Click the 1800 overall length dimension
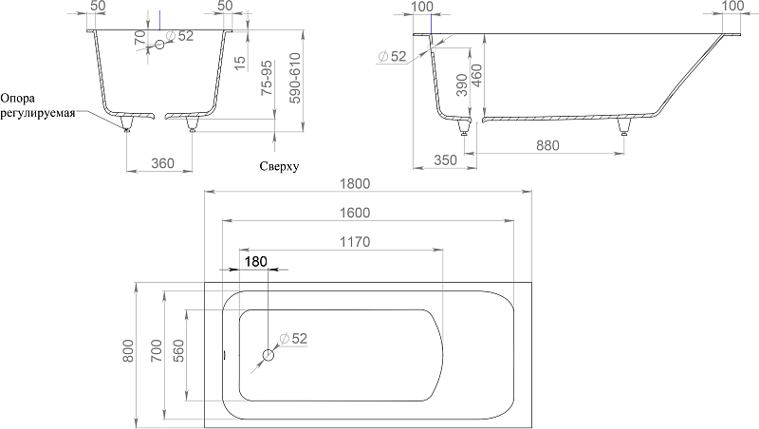(x=355, y=183)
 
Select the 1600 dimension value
(x=355, y=213)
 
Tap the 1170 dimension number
(x=355, y=242)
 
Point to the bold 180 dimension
(x=255, y=261)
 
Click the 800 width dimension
(x=128, y=350)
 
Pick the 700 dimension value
(x=157, y=350)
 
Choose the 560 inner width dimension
(x=178, y=351)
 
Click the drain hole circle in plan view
(x=268, y=356)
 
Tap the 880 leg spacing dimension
(x=547, y=145)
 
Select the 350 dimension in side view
(x=445, y=159)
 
